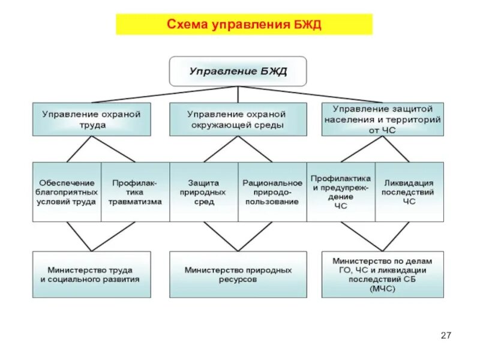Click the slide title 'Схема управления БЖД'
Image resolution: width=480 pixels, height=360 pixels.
[244, 25]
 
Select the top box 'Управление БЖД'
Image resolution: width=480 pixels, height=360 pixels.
[238, 71]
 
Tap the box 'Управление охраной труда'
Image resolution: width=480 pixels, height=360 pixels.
[91, 119]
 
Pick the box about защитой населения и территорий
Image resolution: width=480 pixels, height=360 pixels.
[382, 119]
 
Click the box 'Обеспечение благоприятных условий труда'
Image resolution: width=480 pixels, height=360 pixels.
[67, 192]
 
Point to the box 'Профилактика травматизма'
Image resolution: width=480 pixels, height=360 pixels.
[135, 192]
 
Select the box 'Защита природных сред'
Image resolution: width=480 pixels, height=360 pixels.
[203, 192]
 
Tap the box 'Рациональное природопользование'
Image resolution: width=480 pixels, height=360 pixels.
[272, 192]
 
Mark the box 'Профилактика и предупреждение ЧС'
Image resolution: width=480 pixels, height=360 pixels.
[341, 192]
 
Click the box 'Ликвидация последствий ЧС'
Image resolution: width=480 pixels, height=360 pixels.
[409, 192]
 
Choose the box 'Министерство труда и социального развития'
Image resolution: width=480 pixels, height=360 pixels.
[91, 275]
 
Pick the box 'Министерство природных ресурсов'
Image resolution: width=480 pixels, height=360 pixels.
[238, 275]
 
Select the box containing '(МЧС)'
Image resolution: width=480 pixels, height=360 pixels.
[382, 275]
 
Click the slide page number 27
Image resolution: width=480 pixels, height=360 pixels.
[445, 335]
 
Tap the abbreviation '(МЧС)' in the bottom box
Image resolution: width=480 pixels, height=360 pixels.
[382, 289]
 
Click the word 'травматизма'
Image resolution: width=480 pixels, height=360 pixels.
[135, 202]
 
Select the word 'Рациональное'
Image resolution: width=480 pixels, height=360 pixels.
[272, 182]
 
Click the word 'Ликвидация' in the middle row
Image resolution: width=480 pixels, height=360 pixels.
[409, 182]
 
